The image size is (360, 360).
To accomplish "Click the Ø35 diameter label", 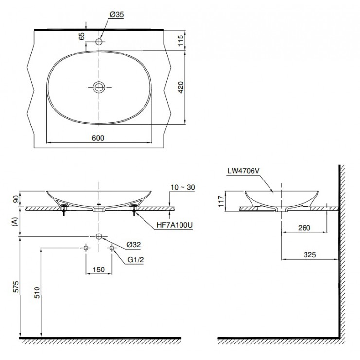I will click(x=117, y=15).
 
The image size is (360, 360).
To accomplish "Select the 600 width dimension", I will click(x=98, y=138).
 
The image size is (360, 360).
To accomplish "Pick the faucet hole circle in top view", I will click(x=99, y=42).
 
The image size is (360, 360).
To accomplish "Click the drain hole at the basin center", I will click(x=99, y=87).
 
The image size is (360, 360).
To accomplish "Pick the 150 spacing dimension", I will click(x=99, y=269).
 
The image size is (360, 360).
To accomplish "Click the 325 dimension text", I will click(x=309, y=254).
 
